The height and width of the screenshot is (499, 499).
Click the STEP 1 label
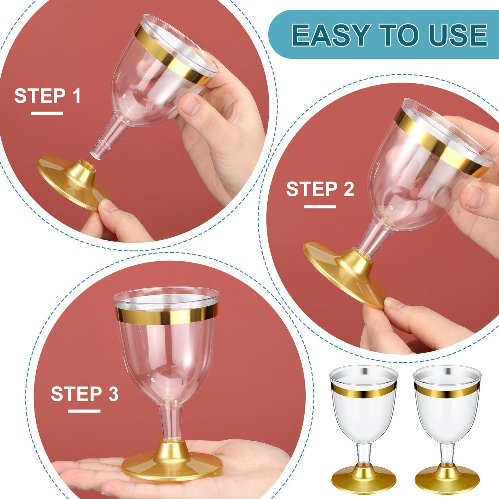[x=47, y=96]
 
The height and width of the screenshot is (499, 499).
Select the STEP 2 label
[x=320, y=189]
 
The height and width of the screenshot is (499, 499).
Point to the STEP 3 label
[x=84, y=394]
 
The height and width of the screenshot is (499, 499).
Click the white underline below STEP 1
[x=47, y=113]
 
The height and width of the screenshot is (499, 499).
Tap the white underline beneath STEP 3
[x=84, y=411]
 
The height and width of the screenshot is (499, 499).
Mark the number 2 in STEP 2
[x=349, y=189]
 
